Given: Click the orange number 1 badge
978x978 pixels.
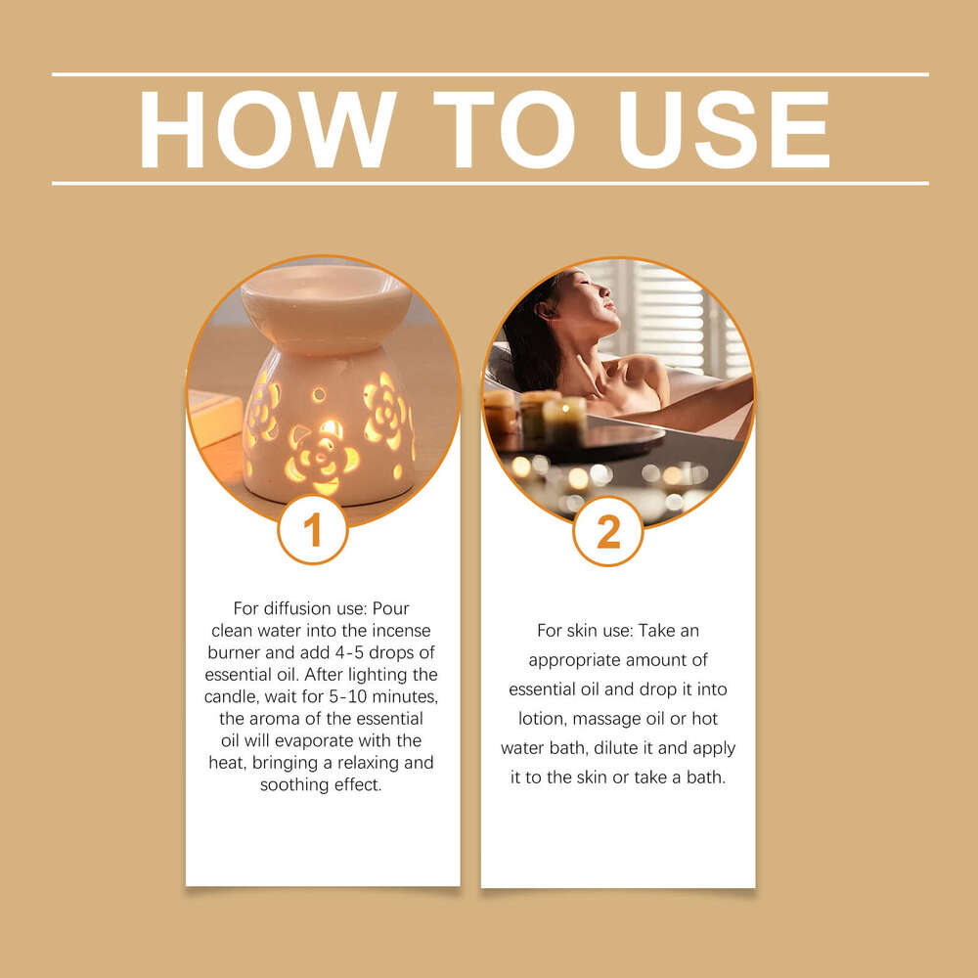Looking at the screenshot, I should pos(312,531).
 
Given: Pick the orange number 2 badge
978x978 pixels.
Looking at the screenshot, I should pos(607,532).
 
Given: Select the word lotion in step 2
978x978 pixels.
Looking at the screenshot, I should pos(543,719).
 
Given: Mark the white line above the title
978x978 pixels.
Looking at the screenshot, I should pos(489,74).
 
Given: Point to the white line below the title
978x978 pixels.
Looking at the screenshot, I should pos(489,183).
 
